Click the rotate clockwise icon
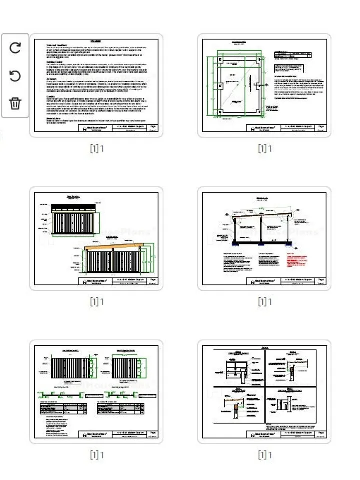pyautogui.click(x=15, y=48)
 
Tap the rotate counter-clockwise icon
pyautogui.click(x=15, y=76)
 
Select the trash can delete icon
pyautogui.click(x=15, y=104)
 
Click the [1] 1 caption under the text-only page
pyautogui.click(x=97, y=148)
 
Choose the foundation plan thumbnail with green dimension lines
pyautogui.click(x=264, y=85)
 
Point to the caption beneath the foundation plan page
pyautogui.click(x=265, y=148)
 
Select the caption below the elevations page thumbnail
pyautogui.click(x=97, y=301)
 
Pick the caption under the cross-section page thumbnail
pyautogui.click(x=265, y=301)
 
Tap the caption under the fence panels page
pyautogui.click(x=97, y=455)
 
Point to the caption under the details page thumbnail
pyautogui.click(x=265, y=455)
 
